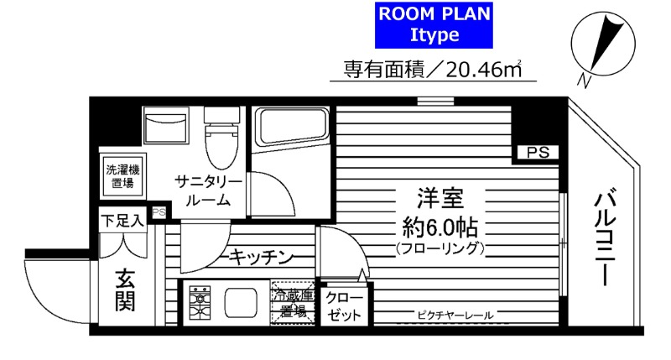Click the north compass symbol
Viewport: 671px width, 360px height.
[595, 47]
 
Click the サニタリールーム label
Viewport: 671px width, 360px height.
[209, 190]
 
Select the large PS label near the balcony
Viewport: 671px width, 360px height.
[538, 152]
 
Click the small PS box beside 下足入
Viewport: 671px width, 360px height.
[158, 212]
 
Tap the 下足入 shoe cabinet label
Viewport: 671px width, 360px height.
[122, 221]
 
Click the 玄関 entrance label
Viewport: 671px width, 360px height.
[125, 290]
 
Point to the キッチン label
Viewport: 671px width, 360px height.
[259, 257]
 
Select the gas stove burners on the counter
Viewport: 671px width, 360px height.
[202, 303]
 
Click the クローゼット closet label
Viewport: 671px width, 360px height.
[344, 306]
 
